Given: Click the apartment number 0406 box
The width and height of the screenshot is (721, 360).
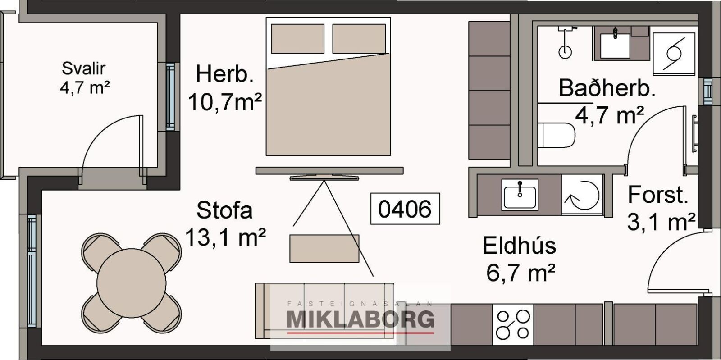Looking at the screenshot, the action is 405,209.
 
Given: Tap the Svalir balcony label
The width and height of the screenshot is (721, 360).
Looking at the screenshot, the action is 84,68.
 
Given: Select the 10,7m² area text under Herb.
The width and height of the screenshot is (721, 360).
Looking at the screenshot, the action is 225,102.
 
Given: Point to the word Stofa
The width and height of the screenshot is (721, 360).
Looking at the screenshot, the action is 224,210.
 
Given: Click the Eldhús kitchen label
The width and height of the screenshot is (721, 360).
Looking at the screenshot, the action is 519,246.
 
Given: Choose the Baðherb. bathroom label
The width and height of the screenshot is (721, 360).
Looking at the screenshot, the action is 607,88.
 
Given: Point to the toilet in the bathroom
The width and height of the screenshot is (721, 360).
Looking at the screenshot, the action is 556,135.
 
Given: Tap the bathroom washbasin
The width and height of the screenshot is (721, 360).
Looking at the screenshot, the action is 615,45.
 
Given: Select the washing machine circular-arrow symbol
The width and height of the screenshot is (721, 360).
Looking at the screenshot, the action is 582,195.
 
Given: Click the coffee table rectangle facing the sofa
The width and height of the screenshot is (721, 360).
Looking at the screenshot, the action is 324,249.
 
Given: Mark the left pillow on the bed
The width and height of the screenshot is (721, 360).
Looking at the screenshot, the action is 297,39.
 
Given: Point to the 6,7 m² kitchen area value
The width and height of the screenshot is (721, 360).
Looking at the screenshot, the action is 520,273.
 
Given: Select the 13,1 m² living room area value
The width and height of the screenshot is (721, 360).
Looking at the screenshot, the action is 225,237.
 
